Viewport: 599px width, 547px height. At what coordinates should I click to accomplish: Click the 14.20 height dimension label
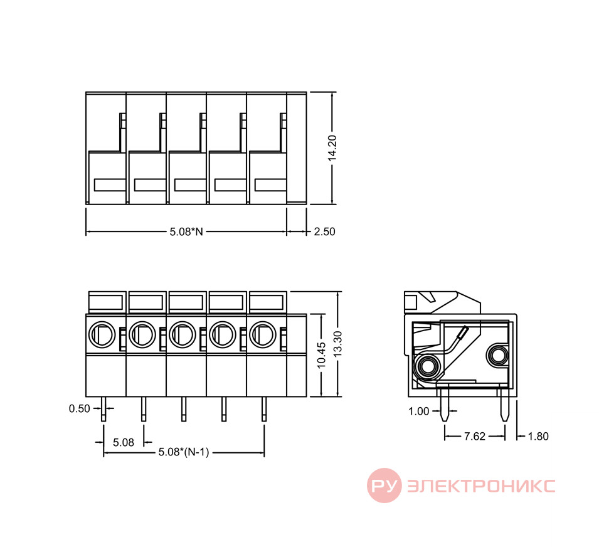tap(332, 148)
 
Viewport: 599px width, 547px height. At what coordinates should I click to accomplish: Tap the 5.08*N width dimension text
tap(186, 231)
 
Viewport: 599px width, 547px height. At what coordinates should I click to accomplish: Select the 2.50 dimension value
tap(324, 231)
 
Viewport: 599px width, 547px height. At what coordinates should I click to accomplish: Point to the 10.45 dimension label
tap(322, 355)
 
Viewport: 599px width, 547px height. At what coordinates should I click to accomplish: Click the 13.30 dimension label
tap(337, 344)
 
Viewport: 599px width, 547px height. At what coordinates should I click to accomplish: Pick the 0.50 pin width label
tap(80, 409)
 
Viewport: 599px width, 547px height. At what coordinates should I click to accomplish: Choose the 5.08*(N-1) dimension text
tap(184, 452)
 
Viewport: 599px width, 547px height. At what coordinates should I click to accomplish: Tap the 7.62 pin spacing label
tap(474, 436)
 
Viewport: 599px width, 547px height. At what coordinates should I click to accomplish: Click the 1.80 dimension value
tap(538, 436)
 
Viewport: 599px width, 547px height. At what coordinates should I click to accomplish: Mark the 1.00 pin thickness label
tap(419, 412)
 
